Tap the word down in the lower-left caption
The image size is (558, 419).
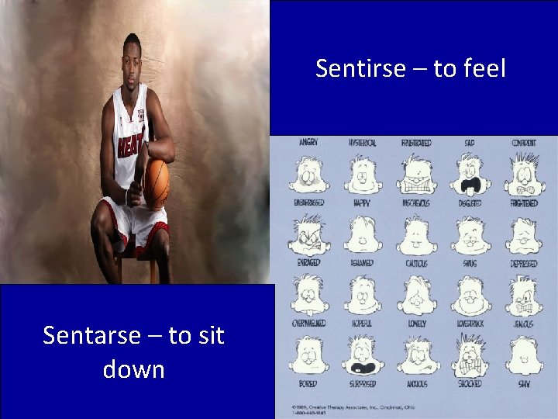[133, 369]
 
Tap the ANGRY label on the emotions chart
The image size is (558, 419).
[308, 143]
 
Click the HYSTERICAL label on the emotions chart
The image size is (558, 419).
[363, 143]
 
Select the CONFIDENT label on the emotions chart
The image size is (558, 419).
[524, 143]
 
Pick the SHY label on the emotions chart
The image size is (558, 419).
[525, 383]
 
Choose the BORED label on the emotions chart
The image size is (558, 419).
[308, 383]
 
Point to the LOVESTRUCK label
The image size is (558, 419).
[470, 323]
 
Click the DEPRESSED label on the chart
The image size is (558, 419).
[525, 263]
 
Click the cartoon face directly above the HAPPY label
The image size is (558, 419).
[363, 175]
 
